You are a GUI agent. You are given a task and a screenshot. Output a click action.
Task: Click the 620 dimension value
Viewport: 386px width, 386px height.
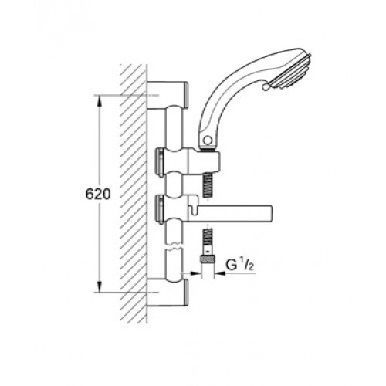(98, 194)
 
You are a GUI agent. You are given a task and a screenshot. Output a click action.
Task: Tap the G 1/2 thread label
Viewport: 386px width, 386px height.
(240, 265)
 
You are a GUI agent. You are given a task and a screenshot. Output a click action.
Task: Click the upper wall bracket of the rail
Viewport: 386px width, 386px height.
(168, 95)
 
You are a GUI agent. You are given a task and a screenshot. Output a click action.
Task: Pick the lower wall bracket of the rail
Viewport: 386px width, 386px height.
(168, 293)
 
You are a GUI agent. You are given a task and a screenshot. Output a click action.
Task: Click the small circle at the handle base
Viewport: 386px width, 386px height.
(207, 141)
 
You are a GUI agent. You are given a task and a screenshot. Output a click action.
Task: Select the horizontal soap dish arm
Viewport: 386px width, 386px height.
(229, 213)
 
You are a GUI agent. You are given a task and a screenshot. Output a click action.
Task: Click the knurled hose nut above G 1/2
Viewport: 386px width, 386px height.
(208, 259)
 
